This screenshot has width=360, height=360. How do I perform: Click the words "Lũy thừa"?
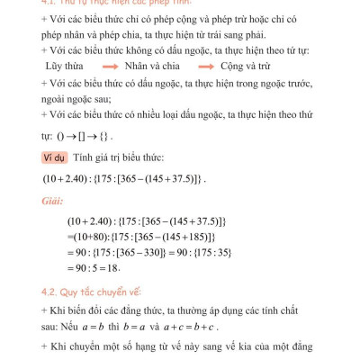pyautogui.click(x=63, y=66)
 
